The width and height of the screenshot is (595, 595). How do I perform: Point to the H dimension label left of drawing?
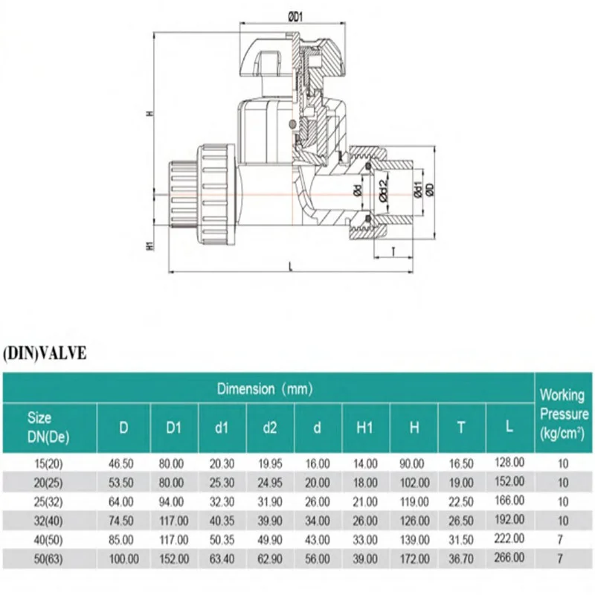[x=149, y=114]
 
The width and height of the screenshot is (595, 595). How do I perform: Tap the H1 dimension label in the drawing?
[x=149, y=245]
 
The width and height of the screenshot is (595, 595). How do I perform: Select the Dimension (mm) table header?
[x=265, y=388]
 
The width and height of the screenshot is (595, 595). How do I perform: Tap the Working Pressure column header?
[x=562, y=414]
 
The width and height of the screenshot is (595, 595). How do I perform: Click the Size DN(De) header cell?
[x=49, y=427]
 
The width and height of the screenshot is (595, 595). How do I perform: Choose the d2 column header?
[x=270, y=427]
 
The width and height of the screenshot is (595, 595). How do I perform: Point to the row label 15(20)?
[x=49, y=463]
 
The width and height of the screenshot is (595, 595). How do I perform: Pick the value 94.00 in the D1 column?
[x=173, y=501]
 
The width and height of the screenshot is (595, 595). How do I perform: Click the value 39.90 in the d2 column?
[x=270, y=519]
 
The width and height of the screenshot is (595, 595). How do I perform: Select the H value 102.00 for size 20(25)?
[x=414, y=482]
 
